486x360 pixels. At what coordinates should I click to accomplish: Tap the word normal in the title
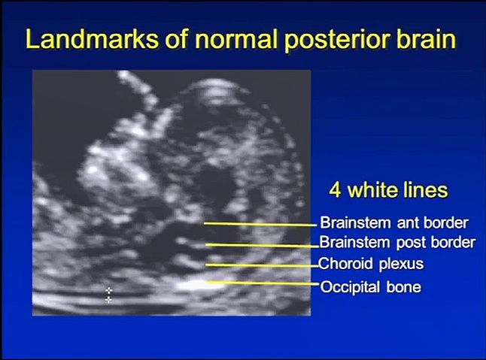[x=236, y=40]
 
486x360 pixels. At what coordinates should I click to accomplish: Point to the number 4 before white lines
[x=335, y=189]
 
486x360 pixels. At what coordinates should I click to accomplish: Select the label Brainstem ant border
[x=394, y=222]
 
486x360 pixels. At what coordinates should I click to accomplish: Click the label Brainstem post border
[x=397, y=242]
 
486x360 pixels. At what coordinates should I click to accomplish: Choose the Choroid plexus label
[x=371, y=264]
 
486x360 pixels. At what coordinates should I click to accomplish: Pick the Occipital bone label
[x=371, y=287]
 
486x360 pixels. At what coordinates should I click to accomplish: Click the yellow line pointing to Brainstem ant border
[x=260, y=225]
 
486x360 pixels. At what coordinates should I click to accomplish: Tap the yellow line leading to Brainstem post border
[x=263, y=246]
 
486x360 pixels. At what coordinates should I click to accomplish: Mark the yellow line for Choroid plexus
[x=263, y=265]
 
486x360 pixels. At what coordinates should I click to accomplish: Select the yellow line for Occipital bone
[x=263, y=283]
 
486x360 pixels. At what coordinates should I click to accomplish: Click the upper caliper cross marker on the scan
[x=108, y=290]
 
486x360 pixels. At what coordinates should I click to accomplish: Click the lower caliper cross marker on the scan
[x=108, y=300]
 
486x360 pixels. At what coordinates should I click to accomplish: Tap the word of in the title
[x=177, y=39]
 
